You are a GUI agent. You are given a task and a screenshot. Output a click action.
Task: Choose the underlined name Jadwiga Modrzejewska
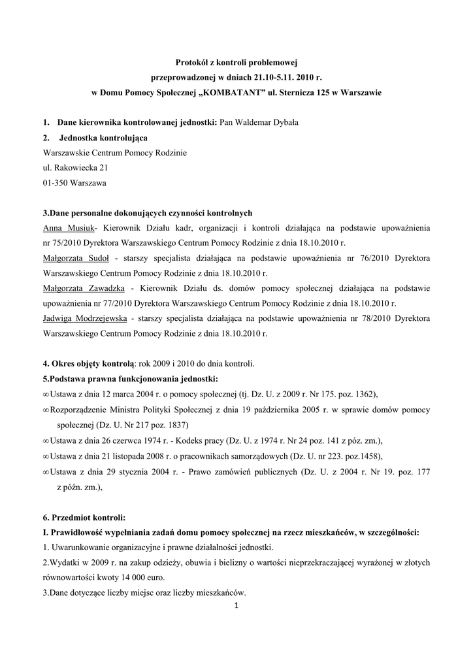(x=84, y=318)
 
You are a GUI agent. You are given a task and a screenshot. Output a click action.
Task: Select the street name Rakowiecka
(x=75, y=167)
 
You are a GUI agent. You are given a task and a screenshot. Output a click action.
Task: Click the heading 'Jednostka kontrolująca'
(x=103, y=138)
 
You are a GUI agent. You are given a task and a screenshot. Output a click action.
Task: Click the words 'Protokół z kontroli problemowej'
(x=236, y=63)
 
